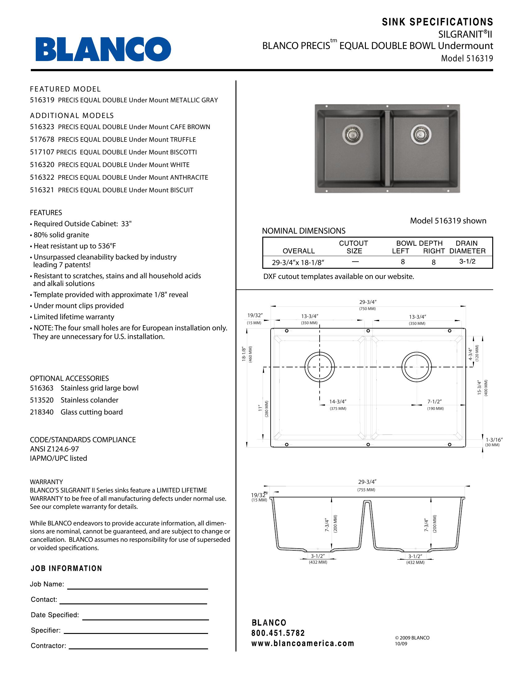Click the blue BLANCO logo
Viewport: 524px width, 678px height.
click(x=103, y=49)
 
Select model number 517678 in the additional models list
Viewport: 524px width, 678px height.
click(x=42, y=140)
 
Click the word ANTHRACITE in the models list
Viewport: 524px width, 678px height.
click(x=189, y=178)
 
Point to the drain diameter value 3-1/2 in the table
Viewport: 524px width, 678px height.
click(x=467, y=261)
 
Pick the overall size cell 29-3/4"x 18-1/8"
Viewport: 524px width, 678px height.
click(x=298, y=263)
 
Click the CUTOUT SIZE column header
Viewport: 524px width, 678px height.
click(x=354, y=247)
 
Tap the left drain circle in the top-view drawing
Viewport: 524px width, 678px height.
click(x=320, y=367)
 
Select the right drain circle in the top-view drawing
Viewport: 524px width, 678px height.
click(x=417, y=367)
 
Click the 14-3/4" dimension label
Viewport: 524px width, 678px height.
click(x=338, y=402)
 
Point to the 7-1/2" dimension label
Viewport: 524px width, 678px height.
click(x=434, y=402)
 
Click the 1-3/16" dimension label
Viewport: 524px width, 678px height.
click(x=494, y=439)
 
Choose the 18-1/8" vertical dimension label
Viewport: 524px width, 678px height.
click(x=244, y=354)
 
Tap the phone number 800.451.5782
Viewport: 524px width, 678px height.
click(x=278, y=633)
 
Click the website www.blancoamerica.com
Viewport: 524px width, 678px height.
click(x=303, y=643)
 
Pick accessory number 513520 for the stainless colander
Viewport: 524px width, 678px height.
click(x=42, y=400)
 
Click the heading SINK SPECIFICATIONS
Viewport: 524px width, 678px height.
click(x=437, y=22)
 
